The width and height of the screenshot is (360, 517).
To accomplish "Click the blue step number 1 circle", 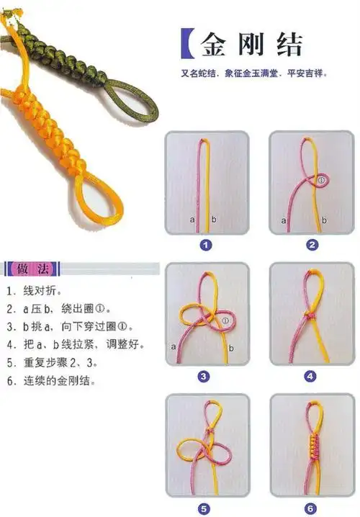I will click(207, 245).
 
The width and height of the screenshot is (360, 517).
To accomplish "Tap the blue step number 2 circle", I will click(312, 245).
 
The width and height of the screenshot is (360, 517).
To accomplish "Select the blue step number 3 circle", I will click(204, 376).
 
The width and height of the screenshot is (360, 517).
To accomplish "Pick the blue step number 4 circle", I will click(310, 376).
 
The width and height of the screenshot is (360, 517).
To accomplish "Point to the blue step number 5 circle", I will click(204, 506).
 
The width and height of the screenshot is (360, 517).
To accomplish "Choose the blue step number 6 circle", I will click(310, 506).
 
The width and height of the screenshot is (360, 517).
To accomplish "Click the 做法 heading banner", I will click(33, 270).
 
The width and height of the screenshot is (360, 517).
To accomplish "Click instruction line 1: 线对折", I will click(36, 292).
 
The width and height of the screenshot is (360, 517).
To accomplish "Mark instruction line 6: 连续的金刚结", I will click(52, 380).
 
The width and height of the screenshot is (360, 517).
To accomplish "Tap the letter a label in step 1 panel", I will click(192, 219).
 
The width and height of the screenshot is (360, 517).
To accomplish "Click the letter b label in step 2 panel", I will click(324, 220).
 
